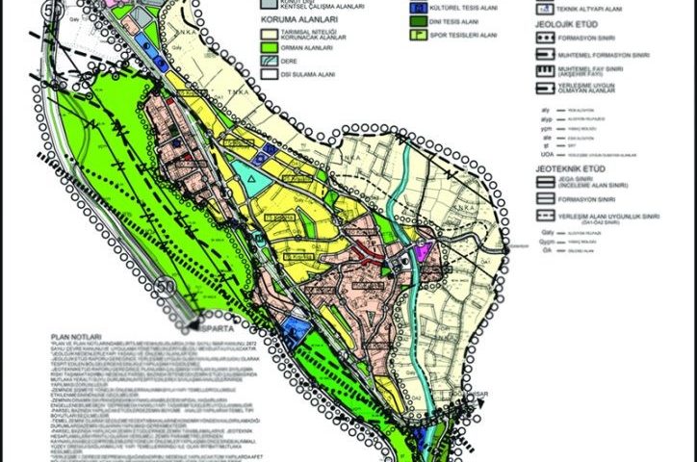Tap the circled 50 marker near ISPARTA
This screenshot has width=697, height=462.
point(164,287)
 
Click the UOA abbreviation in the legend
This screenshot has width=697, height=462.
point(541,154)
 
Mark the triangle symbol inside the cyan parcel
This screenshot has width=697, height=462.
point(251,179)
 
